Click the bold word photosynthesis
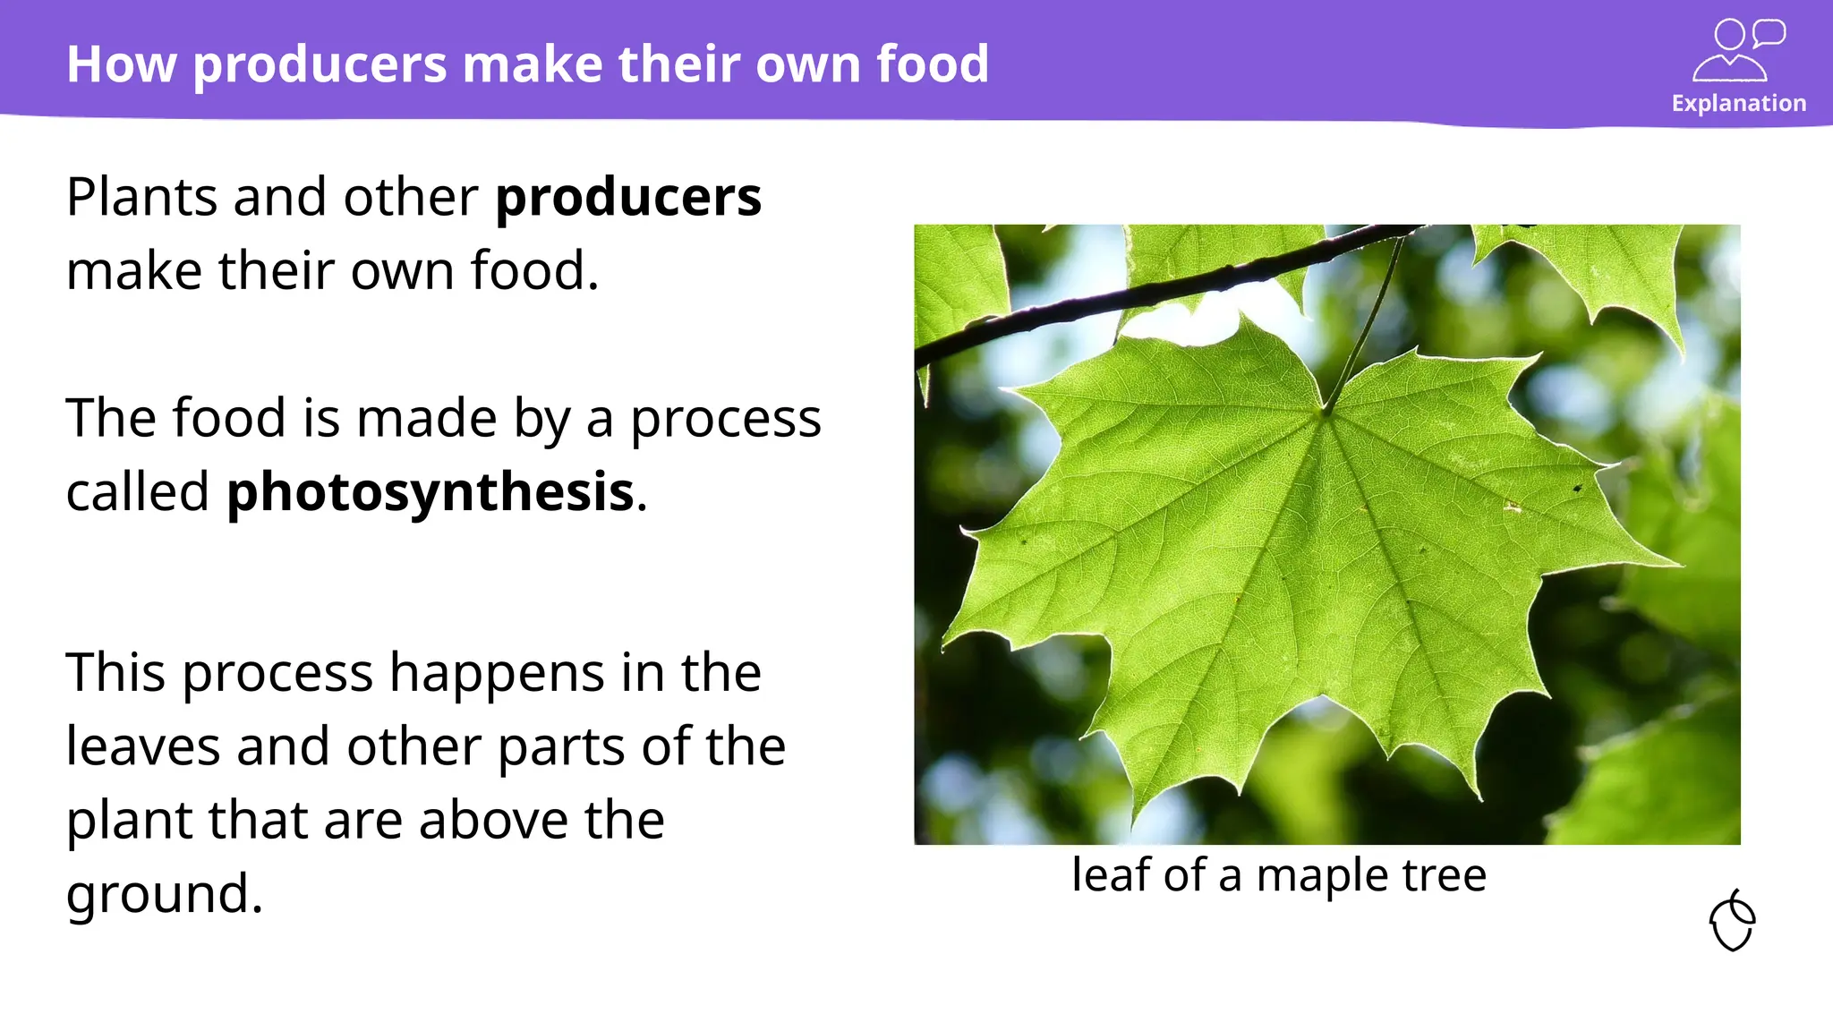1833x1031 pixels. [x=430, y=492]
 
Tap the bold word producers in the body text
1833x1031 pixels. [x=627, y=197]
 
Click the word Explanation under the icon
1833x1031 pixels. [x=1738, y=103]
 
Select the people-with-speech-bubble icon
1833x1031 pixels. [x=1737, y=50]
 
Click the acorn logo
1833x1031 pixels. [x=1732, y=921]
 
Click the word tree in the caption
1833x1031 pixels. [x=1444, y=875]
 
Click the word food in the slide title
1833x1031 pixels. [x=932, y=64]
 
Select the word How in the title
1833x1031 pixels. [x=121, y=64]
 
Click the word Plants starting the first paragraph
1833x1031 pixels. [x=141, y=197]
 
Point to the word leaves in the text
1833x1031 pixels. [x=142, y=746]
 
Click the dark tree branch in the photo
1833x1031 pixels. [x=1119, y=299]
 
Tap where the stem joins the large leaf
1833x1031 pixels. [x=1326, y=411]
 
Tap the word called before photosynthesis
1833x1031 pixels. [x=137, y=492]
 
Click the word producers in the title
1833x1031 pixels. [x=320, y=64]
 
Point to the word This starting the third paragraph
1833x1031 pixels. [x=115, y=673]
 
